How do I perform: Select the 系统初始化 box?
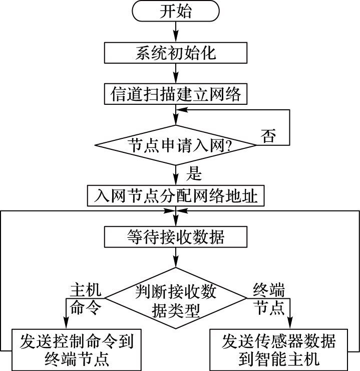[175, 53]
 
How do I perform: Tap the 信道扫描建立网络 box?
[175, 94]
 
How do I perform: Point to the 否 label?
[268, 136]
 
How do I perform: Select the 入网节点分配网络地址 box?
[175, 196]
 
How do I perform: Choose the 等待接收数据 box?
[175, 237]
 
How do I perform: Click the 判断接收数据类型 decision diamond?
[175, 300]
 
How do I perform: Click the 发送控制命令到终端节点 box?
[76, 350]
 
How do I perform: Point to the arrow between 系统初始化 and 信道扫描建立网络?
[175, 73]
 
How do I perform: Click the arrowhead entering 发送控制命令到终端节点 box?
[66, 323]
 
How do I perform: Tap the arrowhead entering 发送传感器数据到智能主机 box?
[289, 323]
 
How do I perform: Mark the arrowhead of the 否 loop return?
[183, 109]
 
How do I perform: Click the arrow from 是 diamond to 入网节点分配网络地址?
[175, 176]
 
